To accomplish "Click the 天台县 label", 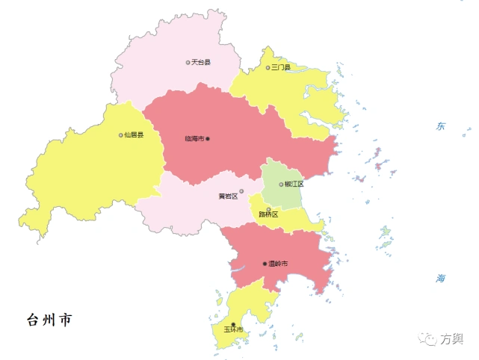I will [x=201, y=62].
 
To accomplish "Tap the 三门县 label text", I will [x=281, y=68].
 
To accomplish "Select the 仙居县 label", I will [x=134, y=135].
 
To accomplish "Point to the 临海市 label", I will [x=194, y=139].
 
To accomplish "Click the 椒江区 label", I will [x=294, y=184].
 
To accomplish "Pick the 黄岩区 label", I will [x=227, y=196].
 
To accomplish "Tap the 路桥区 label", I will [x=268, y=214].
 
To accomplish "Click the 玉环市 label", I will [x=233, y=329].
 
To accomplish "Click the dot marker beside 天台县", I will [x=188, y=62].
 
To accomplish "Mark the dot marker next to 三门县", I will [x=268, y=68].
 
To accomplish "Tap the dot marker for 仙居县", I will [x=120, y=135].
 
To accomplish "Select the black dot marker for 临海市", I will [x=208, y=139].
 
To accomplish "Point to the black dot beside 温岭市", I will [x=265, y=264].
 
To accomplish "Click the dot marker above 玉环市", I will [x=233, y=323].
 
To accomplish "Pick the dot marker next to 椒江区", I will [x=281, y=184].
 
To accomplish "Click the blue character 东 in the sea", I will [x=441, y=126].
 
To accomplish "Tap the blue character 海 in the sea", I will [x=441, y=278].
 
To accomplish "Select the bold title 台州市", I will [x=49, y=320].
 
